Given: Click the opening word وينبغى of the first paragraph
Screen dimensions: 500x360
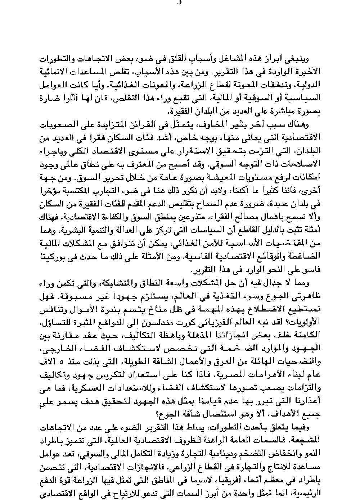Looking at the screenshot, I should (x=302, y=59).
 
